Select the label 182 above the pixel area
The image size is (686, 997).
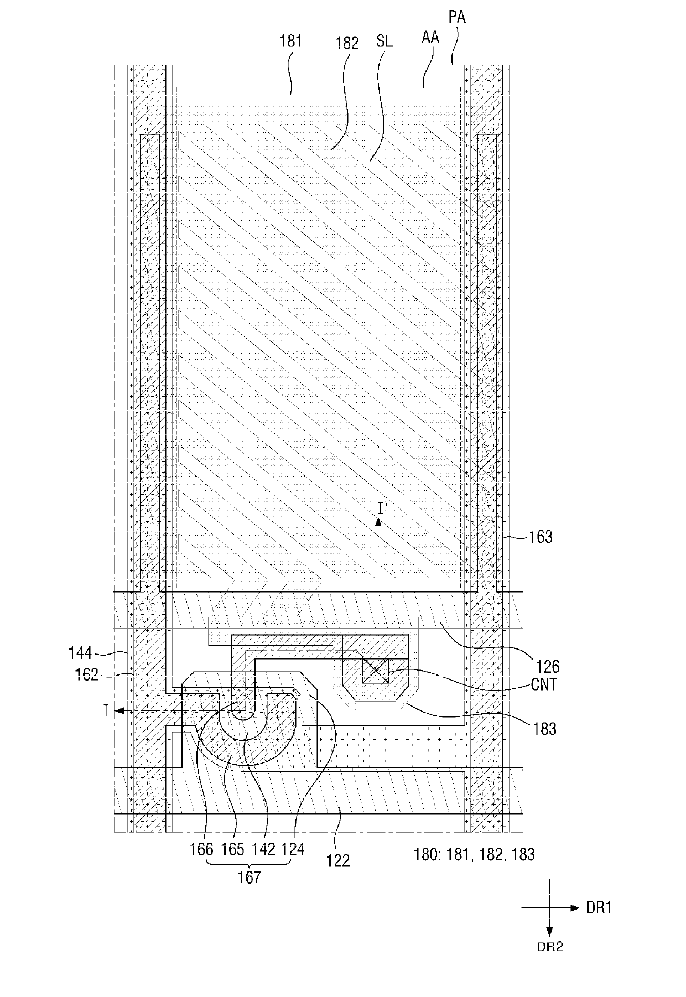347,43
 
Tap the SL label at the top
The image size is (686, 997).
384,40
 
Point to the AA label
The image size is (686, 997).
430,37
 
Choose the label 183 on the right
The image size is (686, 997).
544,729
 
